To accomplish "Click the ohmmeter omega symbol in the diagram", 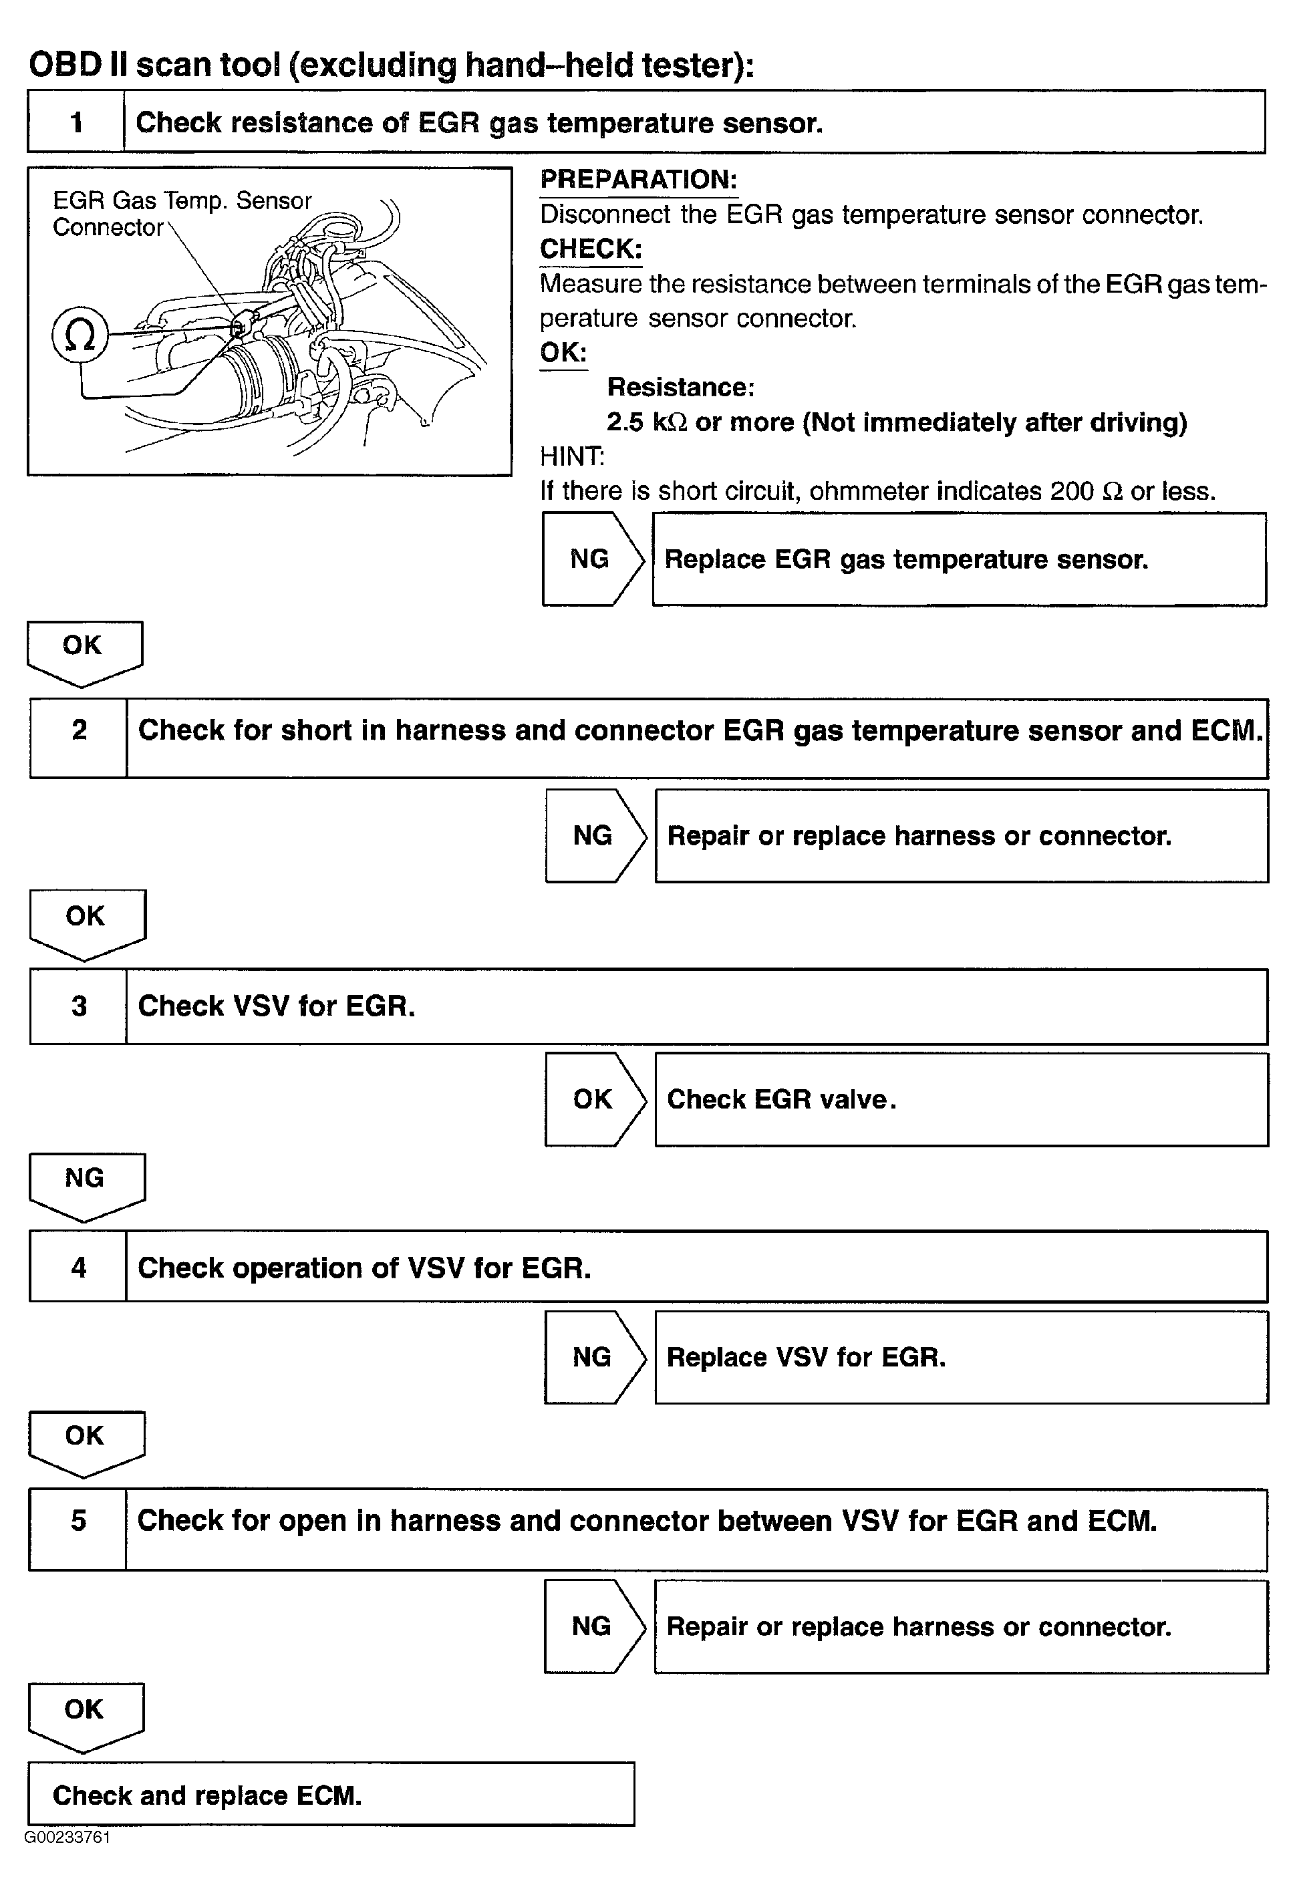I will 79,335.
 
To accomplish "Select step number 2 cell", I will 78,730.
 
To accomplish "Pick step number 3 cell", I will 78,1006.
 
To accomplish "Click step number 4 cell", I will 78,1268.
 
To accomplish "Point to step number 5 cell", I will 78,1521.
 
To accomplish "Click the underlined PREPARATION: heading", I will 639,180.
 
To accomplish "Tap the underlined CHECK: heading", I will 591,249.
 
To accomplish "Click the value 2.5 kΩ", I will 647,422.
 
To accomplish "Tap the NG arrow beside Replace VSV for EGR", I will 593,1357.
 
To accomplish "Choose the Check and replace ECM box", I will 331,1796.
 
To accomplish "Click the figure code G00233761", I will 67,1838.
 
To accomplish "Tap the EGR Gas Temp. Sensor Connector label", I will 181,213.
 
